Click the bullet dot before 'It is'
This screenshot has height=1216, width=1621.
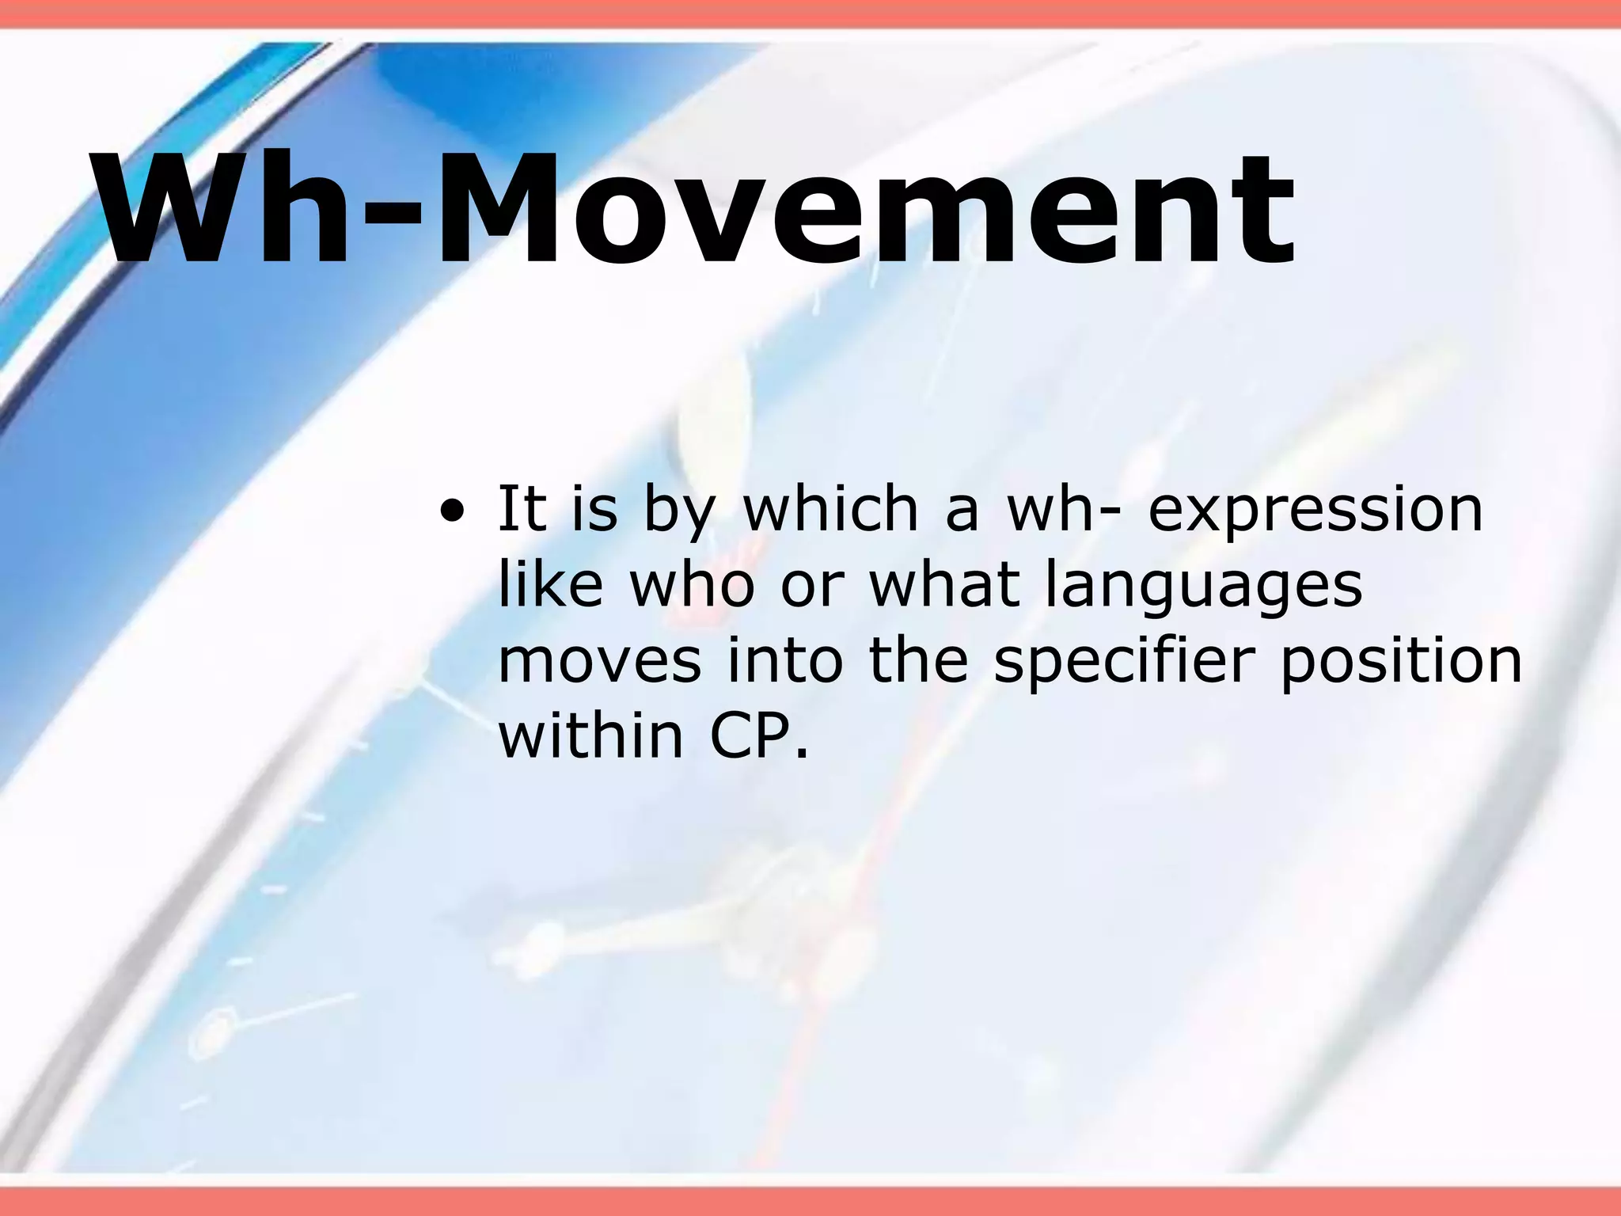coord(452,511)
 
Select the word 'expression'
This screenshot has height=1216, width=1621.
coord(1315,511)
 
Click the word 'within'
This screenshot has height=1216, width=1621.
coord(590,735)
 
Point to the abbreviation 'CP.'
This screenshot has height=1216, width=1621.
coord(760,735)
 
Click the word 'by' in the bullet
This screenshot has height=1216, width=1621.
coord(678,513)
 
